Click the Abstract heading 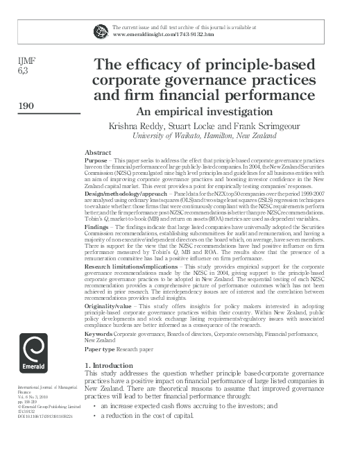click(x=97, y=152)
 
